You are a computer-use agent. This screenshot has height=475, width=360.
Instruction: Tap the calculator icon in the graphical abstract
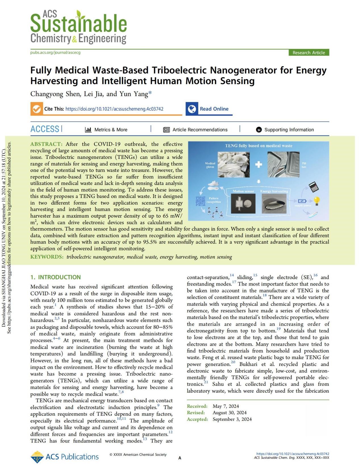click(x=313, y=186)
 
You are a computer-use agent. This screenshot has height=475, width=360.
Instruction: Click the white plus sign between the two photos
click(x=259, y=164)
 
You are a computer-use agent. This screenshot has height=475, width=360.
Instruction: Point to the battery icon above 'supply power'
click(x=302, y=201)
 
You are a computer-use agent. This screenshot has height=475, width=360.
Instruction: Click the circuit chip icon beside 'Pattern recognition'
click(x=201, y=201)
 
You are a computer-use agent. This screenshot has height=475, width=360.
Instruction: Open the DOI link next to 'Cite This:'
click(x=114, y=109)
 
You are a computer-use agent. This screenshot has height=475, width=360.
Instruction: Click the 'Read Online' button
click(x=214, y=109)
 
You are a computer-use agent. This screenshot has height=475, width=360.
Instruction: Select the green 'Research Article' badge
click(x=309, y=53)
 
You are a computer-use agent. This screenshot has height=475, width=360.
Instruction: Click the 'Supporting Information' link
click(x=289, y=130)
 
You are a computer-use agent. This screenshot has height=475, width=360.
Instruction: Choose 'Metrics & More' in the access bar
click(x=111, y=130)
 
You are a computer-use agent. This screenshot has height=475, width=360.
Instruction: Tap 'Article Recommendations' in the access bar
click(x=200, y=130)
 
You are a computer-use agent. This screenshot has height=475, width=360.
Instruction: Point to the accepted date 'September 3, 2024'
click(x=232, y=419)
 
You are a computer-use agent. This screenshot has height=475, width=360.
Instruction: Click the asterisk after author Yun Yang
click(x=150, y=93)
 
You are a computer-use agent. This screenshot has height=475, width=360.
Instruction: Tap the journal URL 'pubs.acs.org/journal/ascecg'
click(x=55, y=53)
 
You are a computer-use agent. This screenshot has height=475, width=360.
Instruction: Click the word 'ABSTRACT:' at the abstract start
click(x=46, y=144)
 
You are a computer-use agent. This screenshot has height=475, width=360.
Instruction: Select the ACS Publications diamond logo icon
click(x=37, y=457)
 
